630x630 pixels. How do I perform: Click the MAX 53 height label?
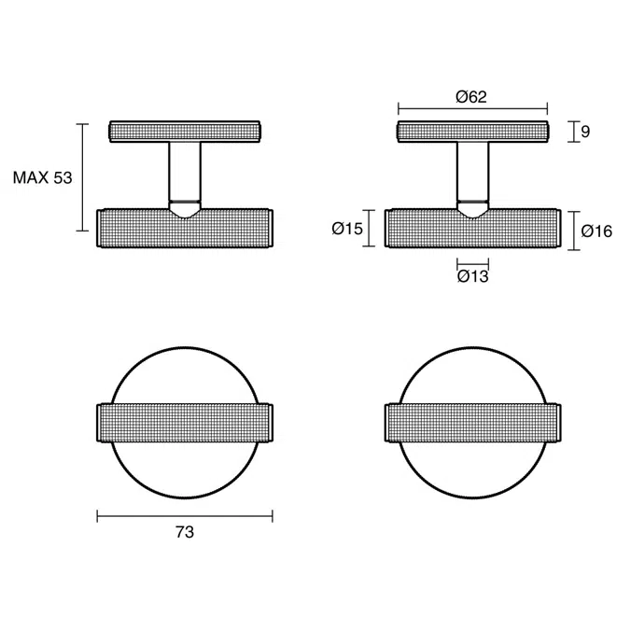(x=42, y=177)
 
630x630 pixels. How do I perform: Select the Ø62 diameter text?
(x=471, y=97)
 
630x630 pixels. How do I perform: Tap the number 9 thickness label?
(x=585, y=132)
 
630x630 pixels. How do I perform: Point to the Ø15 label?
(x=346, y=229)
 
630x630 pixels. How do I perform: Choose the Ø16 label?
(x=595, y=231)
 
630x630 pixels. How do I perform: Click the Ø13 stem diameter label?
(x=473, y=275)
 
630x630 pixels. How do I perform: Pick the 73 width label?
(x=185, y=532)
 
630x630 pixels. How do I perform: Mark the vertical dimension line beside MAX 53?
(x=83, y=177)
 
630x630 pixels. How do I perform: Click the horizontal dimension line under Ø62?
(x=473, y=108)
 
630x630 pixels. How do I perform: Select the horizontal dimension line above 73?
(x=185, y=514)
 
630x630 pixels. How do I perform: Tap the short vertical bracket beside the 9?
(x=571, y=132)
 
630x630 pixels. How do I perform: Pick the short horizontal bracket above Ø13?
(x=473, y=261)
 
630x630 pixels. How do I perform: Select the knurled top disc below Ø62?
(x=473, y=132)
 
